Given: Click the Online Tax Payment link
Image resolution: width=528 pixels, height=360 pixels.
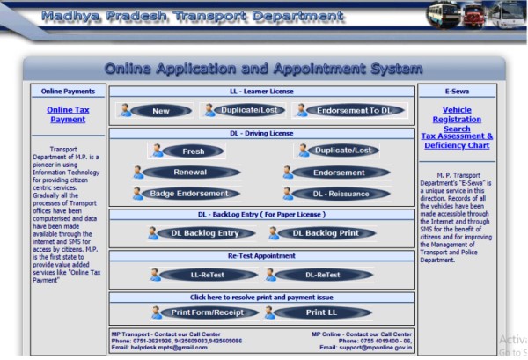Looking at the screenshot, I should (x=68, y=114).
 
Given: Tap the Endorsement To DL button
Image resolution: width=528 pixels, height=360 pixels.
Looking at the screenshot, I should (x=350, y=111).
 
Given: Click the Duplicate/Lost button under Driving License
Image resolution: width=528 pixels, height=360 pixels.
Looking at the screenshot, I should (x=339, y=151).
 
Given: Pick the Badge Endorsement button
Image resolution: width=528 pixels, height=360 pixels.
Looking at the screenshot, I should (x=189, y=194).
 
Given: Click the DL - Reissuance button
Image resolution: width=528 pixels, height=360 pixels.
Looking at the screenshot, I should (x=340, y=194).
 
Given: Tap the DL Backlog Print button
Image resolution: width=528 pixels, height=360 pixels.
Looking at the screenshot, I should (x=325, y=233).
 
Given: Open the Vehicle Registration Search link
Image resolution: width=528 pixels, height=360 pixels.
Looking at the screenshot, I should (x=457, y=120).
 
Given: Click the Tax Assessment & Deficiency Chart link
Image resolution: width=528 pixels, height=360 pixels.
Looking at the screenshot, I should (x=457, y=142).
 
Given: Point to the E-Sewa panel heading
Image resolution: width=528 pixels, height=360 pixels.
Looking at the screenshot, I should (x=457, y=91).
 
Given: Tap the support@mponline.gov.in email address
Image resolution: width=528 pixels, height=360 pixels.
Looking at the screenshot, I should (x=377, y=348).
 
